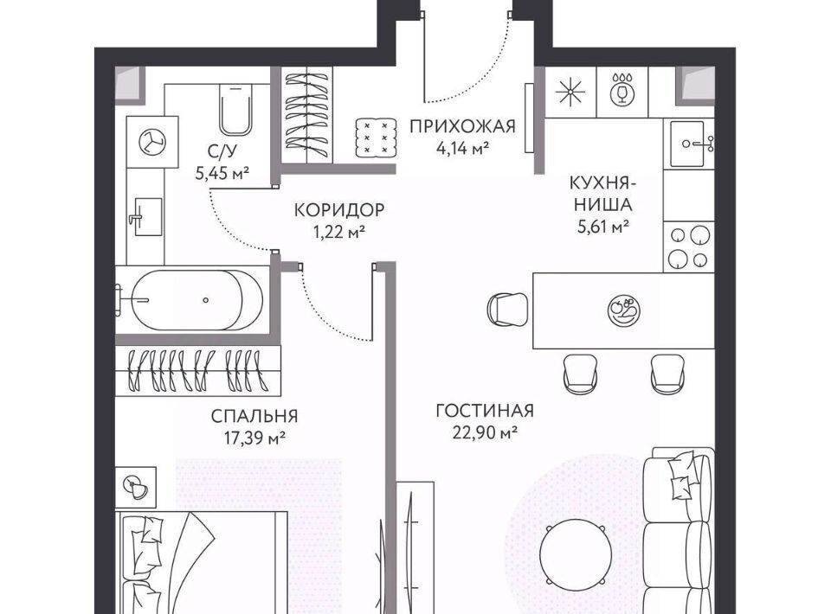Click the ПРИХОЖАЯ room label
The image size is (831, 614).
(462, 126)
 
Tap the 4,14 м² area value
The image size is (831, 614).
(462, 148)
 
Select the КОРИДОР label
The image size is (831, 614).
(339, 210)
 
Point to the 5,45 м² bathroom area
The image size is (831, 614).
(222, 173)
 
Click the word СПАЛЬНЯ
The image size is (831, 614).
(254, 416)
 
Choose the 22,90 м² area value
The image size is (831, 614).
(485, 432)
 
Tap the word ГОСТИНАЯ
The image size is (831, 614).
(485, 411)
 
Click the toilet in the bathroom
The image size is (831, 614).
(235, 111)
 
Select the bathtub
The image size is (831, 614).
(196, 299)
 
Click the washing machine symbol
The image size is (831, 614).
(152, 142)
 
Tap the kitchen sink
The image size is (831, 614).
(687, 143)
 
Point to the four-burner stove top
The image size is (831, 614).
(688, 247)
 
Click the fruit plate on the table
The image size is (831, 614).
(624, 309)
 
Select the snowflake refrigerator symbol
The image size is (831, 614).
(570, 92)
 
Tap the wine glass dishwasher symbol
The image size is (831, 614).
(622, 89)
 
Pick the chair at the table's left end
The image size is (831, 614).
(508, 309)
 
